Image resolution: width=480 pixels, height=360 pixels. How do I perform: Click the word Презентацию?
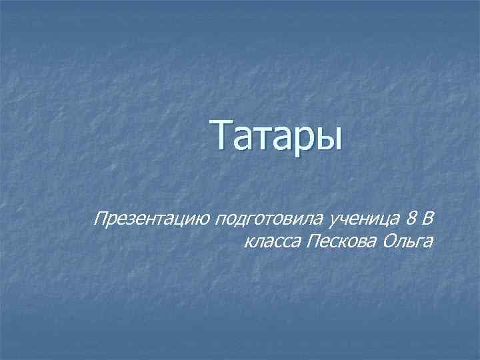(153, 217)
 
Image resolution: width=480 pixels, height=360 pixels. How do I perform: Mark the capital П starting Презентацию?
(102, 217)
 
